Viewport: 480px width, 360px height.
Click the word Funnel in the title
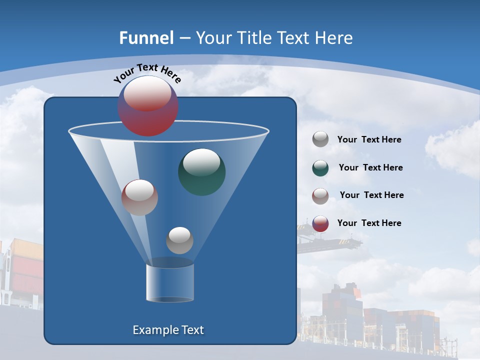[146, 38]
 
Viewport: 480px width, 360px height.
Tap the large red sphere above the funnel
[148, 106]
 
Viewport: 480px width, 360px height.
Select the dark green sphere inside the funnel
[201, 172]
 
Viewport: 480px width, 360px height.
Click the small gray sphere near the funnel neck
[179, 240]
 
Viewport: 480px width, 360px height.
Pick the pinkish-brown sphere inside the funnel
[139, 197]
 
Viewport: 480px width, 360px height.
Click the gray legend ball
[320, 139]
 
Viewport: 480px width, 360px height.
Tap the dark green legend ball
[320, 168]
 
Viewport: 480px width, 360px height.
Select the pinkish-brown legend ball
[320, 195]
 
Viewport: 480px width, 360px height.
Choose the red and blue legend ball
[320, 223]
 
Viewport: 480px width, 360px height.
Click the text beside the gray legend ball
[369, 139]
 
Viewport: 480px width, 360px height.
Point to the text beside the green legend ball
[370, 167]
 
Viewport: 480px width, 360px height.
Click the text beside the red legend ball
[369, 223]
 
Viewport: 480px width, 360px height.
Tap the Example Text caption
[168, 330]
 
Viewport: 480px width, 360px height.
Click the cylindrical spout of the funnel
[170, 282]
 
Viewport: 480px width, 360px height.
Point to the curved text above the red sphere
[147, 73]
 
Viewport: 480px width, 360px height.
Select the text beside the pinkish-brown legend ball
[371, 195]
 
